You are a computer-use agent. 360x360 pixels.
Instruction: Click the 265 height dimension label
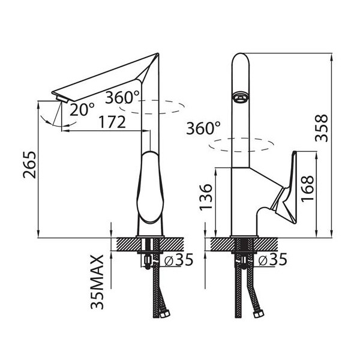click(x=29, y=164)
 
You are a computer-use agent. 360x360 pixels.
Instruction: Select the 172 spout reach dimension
click(x=112, y=122)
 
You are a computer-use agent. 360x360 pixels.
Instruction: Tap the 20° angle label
click(x=82, y=109)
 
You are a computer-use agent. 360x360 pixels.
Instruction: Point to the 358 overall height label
click(x=322, y=128)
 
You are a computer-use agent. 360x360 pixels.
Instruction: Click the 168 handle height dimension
click(x=307, y=189)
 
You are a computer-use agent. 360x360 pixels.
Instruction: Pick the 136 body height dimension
click(x=206, y=197)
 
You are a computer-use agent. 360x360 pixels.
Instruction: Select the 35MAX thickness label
click(x=97, y=282)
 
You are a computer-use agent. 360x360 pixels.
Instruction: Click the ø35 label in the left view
click(x=179, y=260)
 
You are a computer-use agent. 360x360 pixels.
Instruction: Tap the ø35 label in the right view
click(x=272, y=259)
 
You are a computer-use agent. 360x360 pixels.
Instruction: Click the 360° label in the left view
click(x=122, y=97)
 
